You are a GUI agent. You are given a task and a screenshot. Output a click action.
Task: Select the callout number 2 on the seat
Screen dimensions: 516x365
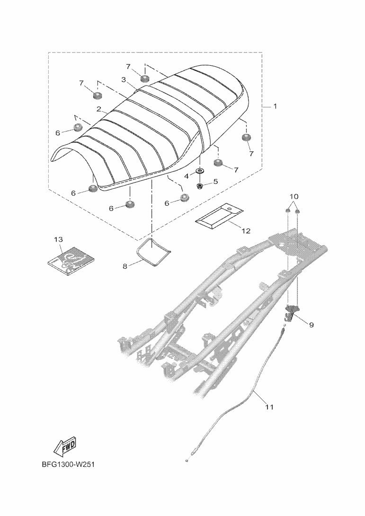[x=99, y=109]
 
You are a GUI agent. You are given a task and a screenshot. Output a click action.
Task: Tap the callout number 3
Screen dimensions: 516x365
[x=123, y=80]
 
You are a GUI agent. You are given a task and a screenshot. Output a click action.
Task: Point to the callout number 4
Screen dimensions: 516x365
[x=187, y=176]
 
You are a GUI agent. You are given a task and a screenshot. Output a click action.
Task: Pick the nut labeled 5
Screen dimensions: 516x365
[x=200, y=186]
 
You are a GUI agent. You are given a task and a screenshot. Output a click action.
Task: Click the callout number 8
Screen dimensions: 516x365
[x=125, y=266]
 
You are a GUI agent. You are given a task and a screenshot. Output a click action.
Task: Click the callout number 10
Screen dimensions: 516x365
[x=294, y=196]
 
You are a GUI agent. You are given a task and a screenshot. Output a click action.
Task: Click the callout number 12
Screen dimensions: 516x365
[x=246, y=231]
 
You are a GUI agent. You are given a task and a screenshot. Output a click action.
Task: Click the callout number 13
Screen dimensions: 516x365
[x=58, y=240]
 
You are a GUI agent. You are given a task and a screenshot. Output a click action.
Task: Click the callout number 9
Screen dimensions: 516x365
[x=311, y=325]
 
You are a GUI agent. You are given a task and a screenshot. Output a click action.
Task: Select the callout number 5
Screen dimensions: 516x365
[x=215, y=181]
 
